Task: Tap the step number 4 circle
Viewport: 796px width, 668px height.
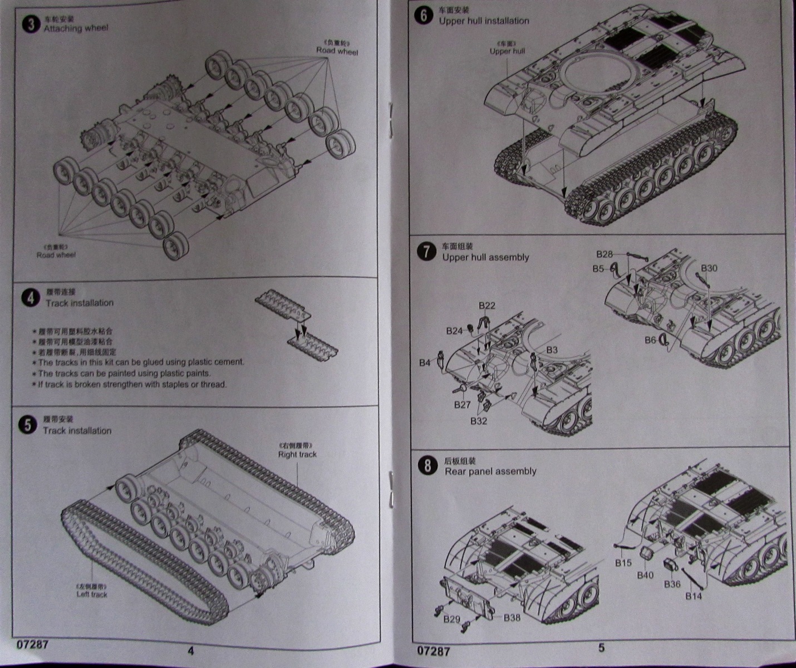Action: click(x=31, y=298)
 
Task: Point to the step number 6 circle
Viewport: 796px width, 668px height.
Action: click(x=423, y=16)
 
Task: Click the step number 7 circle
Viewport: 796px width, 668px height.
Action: click(x=426, y=252)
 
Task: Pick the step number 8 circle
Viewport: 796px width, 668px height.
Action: click(x=428, y=465)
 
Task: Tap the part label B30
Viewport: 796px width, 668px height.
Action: click(x=709, y=268)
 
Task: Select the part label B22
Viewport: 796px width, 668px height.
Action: click(x=487, y=306)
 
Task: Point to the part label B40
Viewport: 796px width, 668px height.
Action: click(x=645, y=575)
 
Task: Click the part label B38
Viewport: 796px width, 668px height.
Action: click(x=512, y=617)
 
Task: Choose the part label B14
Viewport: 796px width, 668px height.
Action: click(x=694, y=596)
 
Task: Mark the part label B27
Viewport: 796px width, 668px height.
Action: click(x=462, y=405)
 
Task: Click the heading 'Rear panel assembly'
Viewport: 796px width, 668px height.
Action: click(x=490, y=471)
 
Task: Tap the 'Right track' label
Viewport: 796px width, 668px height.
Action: click(x=297, y=454)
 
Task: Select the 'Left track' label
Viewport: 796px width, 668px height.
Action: click(x=92, y=594)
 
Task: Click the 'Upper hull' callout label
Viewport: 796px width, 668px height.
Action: click(x=507, y=51)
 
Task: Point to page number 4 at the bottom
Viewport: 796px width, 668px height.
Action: click(x=191, y=650)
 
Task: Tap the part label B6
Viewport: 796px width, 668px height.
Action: click(x=650, y=340)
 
